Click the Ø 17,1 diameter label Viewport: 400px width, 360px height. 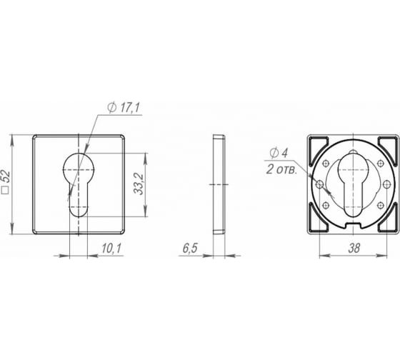click(124, 108)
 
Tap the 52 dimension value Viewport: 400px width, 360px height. click(7, 176)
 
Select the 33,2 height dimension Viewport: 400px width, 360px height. click(140, 184)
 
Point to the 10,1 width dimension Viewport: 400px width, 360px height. click(111, 249)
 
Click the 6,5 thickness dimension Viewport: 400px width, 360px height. click(190, 249)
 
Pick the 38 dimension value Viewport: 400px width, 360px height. click(354, 248)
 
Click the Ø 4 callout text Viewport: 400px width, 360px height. click(279, 153)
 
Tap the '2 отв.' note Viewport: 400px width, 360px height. click(281, 169)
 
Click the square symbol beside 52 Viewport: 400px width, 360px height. click(5, 191)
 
